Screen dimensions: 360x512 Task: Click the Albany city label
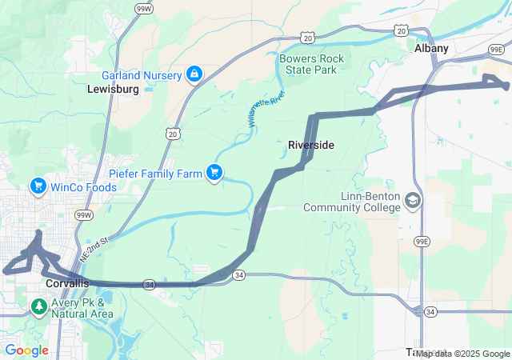[x=431, y=49]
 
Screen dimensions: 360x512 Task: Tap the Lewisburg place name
[x=113, y=90]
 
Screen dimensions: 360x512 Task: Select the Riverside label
[x=310, y=145]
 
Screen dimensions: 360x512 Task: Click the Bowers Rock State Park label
[x=312, y=64]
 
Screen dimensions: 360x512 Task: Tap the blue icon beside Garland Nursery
[x=193, y=74]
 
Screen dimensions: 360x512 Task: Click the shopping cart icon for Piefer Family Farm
[x=214, y=171]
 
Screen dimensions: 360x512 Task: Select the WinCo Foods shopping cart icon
[x=38, y=187]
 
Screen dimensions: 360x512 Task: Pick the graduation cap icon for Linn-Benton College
[x=413, y=200]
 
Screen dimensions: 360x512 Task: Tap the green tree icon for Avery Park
[x=38, y=307]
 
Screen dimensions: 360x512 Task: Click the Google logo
[x=26, y=350]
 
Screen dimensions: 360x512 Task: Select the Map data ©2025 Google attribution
[x=463, y=353]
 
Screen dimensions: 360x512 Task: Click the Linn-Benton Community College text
[x=351, y=202]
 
